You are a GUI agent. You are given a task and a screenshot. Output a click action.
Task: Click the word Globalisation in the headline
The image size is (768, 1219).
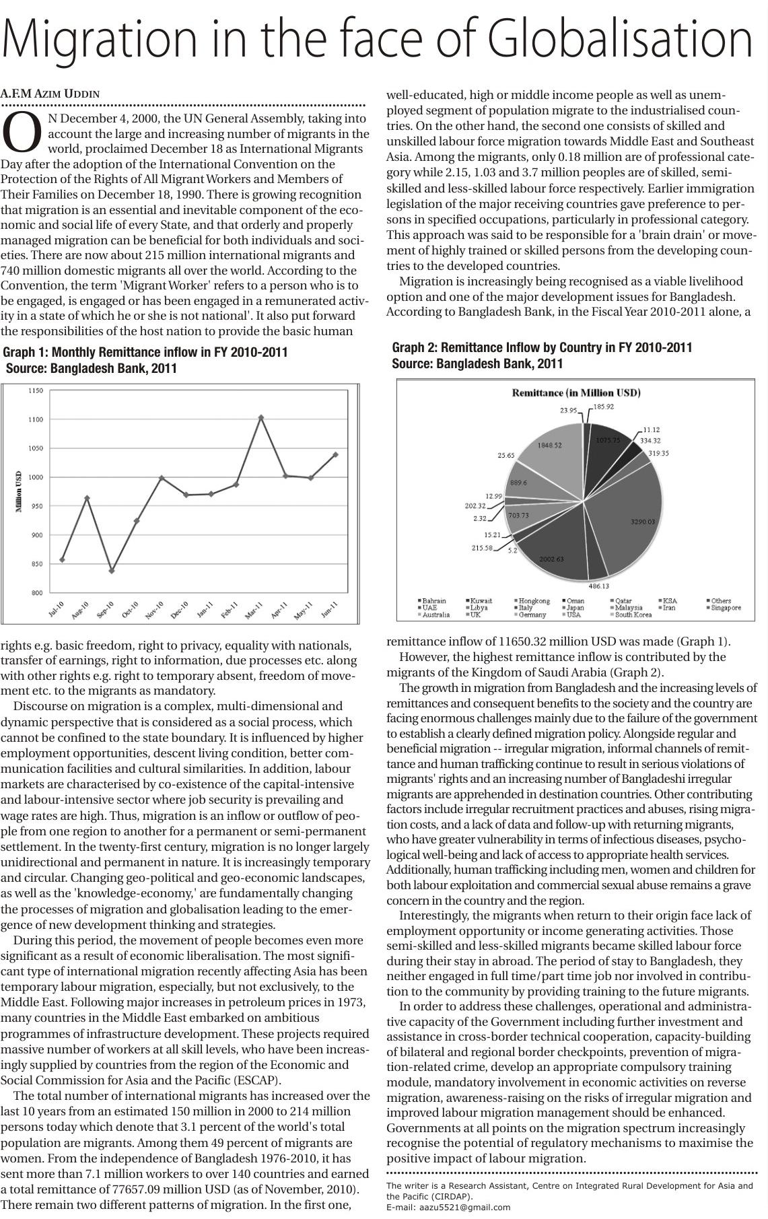(x=619, y=39)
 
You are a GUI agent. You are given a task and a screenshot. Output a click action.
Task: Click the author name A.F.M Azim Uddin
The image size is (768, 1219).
(x=50, y=94)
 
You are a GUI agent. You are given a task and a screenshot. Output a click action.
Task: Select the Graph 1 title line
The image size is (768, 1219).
(x=145, y=352)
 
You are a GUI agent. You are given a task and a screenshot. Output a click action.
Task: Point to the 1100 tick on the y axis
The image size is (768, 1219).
(x=36, y=419)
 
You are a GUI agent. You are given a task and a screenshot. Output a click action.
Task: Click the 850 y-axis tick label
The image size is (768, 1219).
(x=36, y=564)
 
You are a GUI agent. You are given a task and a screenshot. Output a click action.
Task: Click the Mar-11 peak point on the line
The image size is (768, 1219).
(x=261, y=417)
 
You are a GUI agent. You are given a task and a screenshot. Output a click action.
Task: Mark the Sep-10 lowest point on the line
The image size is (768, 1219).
(x=112, y=571)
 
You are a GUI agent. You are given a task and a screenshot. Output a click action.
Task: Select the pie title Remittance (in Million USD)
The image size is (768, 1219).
(x=575, y=393)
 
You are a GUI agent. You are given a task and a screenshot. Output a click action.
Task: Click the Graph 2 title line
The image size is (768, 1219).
(x=542, y=347)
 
